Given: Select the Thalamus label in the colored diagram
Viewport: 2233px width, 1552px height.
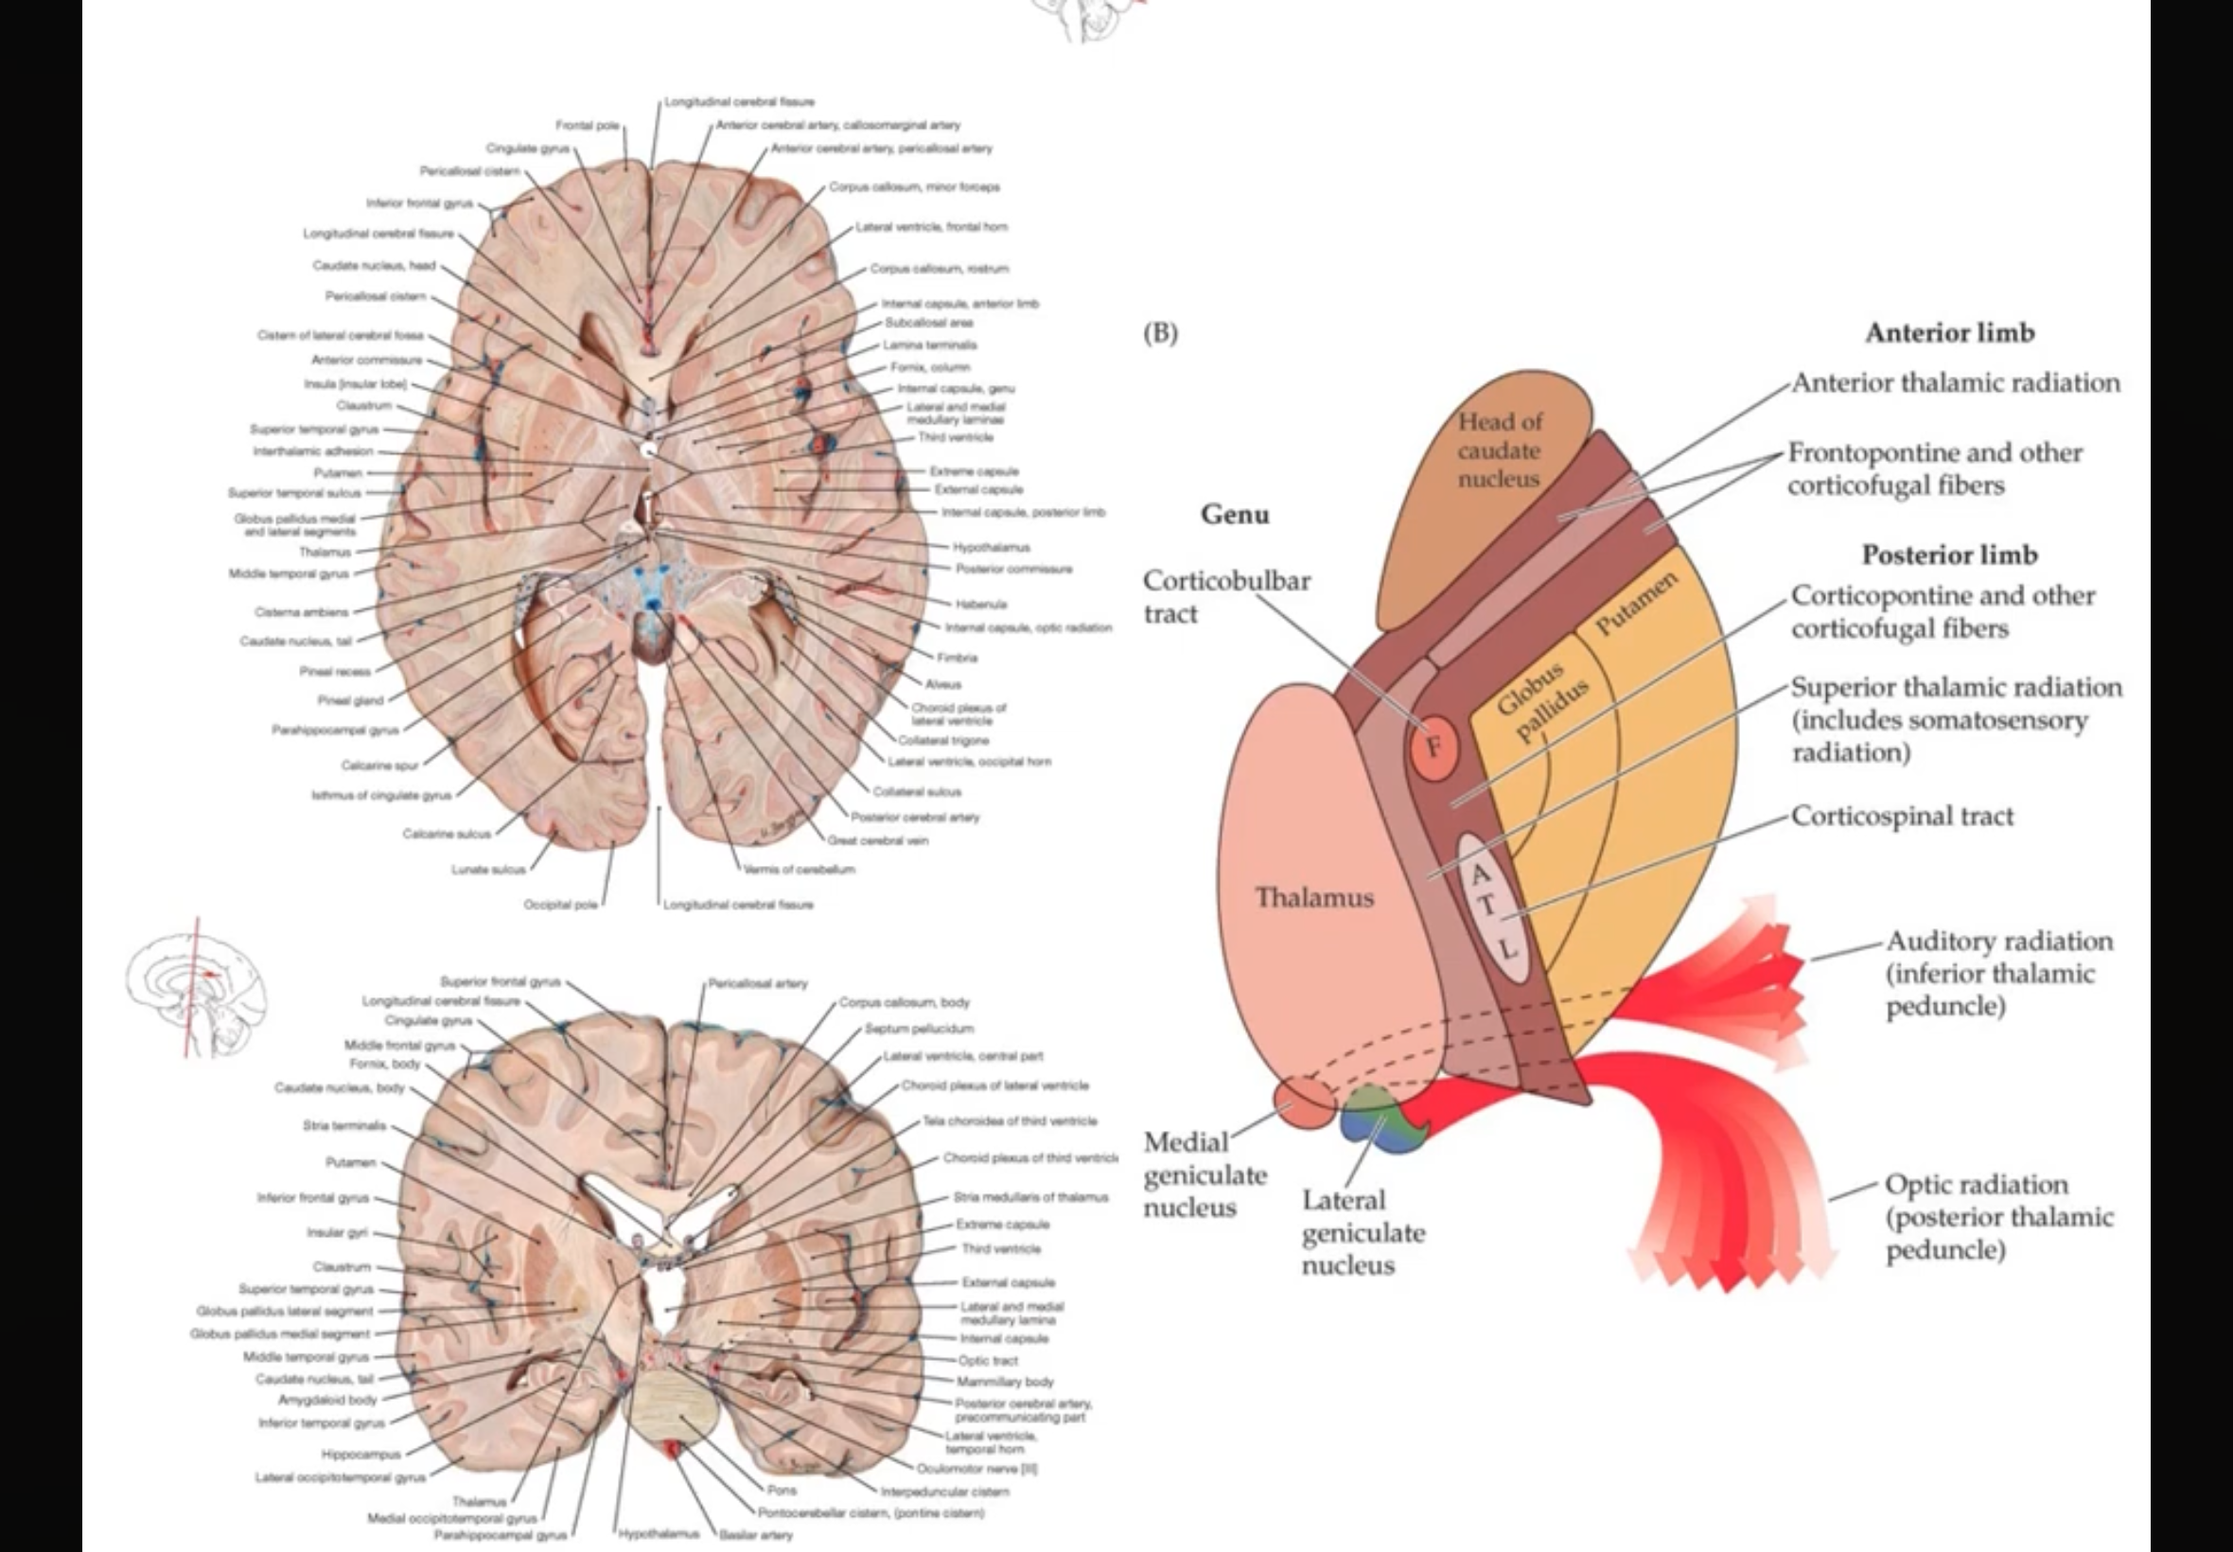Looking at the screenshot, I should click(1314, 896).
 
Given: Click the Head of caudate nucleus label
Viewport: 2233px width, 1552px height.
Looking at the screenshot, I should click(1498, 450).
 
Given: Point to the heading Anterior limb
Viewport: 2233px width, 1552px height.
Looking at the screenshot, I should click(1949, 332).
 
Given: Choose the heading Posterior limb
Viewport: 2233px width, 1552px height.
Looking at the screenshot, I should click(1949, 555).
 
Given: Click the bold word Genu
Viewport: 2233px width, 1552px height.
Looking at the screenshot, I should click(1235, 514).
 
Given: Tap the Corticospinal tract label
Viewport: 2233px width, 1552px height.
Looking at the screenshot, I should click(1902, 816).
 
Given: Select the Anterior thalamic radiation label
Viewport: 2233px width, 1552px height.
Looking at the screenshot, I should click(1955, 382).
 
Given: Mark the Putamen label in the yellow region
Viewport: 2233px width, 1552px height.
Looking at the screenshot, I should click(1636, 603).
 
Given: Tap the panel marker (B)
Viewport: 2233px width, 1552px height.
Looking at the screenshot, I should click(1160, 332).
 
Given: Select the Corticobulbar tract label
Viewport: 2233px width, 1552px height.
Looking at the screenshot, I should click(1226, 596).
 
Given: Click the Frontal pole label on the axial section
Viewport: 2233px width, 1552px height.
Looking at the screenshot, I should click(588, 126).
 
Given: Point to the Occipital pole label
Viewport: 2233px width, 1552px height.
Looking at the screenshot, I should click(560, 905).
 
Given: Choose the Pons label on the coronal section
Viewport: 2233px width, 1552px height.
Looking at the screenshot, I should click(781, 1490).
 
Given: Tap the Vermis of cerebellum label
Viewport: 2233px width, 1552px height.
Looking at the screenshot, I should click(800, 870).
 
